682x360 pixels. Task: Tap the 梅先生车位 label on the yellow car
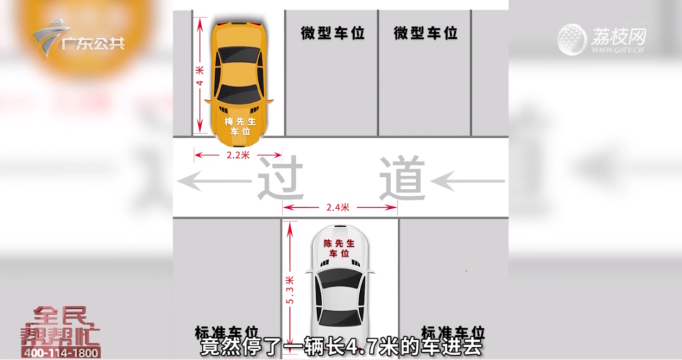click(237, 126)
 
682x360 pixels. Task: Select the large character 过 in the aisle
click(278, 179)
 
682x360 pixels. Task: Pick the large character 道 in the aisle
click(401, 179)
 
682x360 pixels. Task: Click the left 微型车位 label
click(333, 33)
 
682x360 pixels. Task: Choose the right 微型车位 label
click(426, 33)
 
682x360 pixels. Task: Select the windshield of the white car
click(341, 278)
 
